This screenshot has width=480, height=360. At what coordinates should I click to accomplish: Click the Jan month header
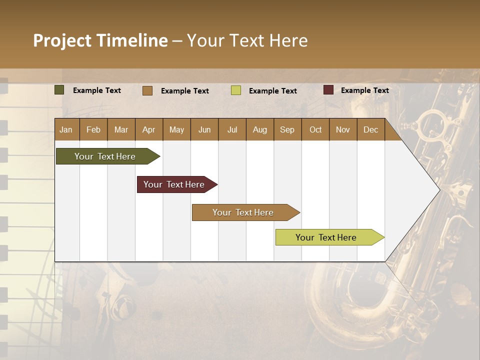point(66,130)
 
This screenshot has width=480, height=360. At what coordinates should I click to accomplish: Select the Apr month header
point(149,130)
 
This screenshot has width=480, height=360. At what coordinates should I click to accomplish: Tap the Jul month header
point(232,130)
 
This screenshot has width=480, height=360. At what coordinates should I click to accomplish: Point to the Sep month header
point(287,130)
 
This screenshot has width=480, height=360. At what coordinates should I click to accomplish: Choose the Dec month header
point(370,130)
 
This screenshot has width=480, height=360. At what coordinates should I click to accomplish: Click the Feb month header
point(93,130)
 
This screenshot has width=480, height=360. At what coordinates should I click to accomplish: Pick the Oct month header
point(315,130)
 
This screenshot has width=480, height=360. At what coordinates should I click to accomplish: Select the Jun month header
point(204,130)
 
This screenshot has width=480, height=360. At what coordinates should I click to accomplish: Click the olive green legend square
point(59,90)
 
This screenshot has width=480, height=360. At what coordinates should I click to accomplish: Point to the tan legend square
point(147,90)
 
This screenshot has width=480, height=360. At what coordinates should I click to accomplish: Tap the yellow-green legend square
point(236,90)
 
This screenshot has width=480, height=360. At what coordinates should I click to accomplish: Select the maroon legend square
point(328,90)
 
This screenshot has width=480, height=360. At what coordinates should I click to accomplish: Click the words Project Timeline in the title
point(100,40)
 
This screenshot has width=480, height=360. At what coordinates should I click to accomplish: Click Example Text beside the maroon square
point(364,90)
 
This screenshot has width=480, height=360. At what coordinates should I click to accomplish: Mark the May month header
point(176,130)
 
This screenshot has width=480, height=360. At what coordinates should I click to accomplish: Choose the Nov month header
point(343,130)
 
